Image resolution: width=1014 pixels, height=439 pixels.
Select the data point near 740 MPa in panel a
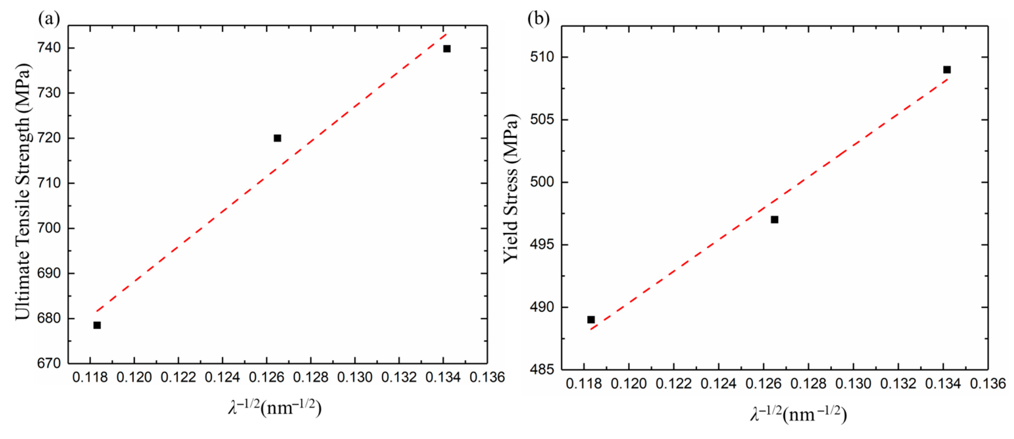[447, 49]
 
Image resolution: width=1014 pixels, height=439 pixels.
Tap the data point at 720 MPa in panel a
[278, 138]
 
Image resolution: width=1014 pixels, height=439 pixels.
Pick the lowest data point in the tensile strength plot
[97, 325]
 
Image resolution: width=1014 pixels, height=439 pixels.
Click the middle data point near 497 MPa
[774, 220]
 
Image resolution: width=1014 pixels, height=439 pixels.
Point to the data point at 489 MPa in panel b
[591, 320]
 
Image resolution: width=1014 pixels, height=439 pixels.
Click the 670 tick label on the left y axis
[49, 363]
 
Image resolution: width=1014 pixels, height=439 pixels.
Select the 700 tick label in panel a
[49, 228]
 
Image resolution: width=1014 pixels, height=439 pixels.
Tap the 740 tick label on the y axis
[49, 48]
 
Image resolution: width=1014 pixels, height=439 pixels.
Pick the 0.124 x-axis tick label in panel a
[223, 377]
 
